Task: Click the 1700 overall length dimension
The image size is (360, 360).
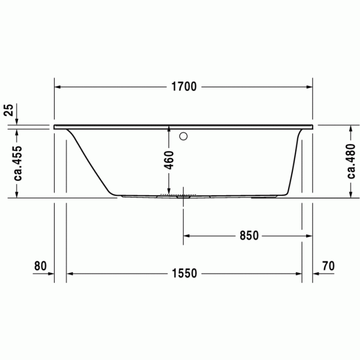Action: (184, 87)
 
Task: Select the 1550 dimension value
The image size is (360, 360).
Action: (184, 274)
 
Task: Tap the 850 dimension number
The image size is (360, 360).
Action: (248, 236)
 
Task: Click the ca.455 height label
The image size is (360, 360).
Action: (17, 161)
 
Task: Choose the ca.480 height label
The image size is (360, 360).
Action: (351, 161)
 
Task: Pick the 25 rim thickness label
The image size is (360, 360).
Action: (8, 111)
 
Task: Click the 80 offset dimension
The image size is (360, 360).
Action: (40, 266)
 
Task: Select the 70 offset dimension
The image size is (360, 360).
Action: (328, 266)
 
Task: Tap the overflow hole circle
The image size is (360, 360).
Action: (184, 137)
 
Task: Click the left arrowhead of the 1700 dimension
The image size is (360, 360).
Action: (58, 87)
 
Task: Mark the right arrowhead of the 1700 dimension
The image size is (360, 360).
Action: (310, 87)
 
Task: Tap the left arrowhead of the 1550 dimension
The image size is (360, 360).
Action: (70, 274)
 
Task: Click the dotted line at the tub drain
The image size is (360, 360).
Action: (178, 194)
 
